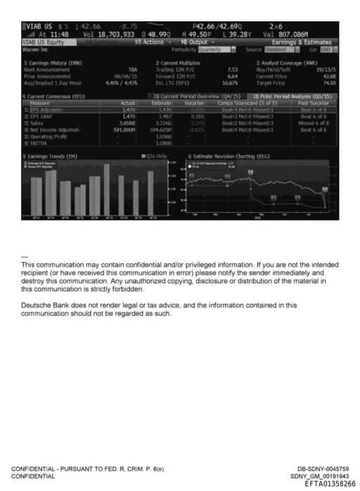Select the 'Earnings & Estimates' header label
coord(307,42)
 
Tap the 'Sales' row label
coord(34,122)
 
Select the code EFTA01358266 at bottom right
coord(330,483)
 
